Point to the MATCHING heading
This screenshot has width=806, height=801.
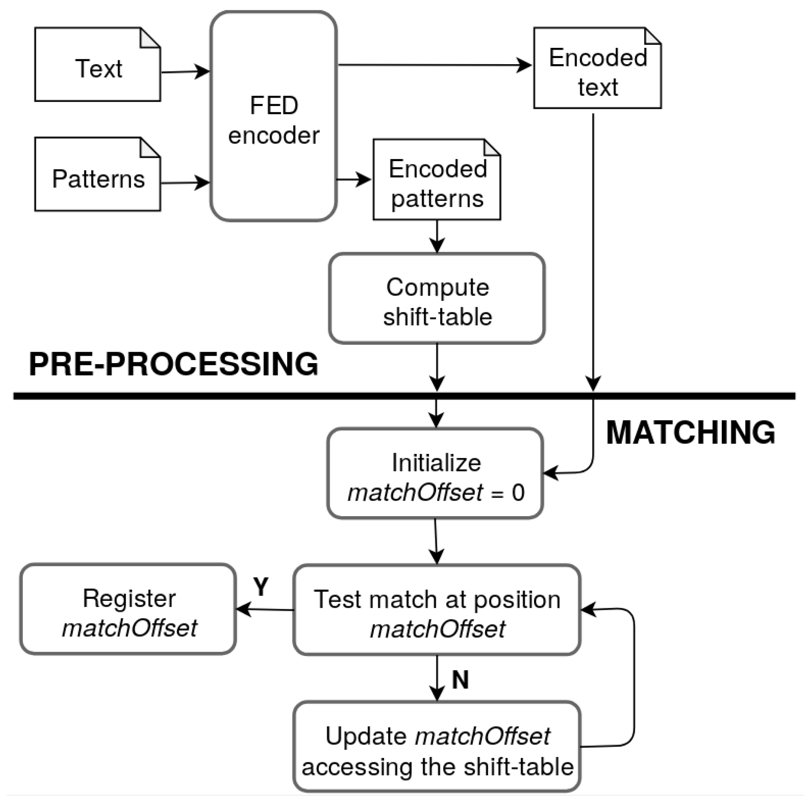(691, 433)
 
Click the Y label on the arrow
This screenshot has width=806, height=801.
(261, 588)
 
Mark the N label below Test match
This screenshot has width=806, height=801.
(460, 679)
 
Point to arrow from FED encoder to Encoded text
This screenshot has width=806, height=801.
(434, 65)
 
